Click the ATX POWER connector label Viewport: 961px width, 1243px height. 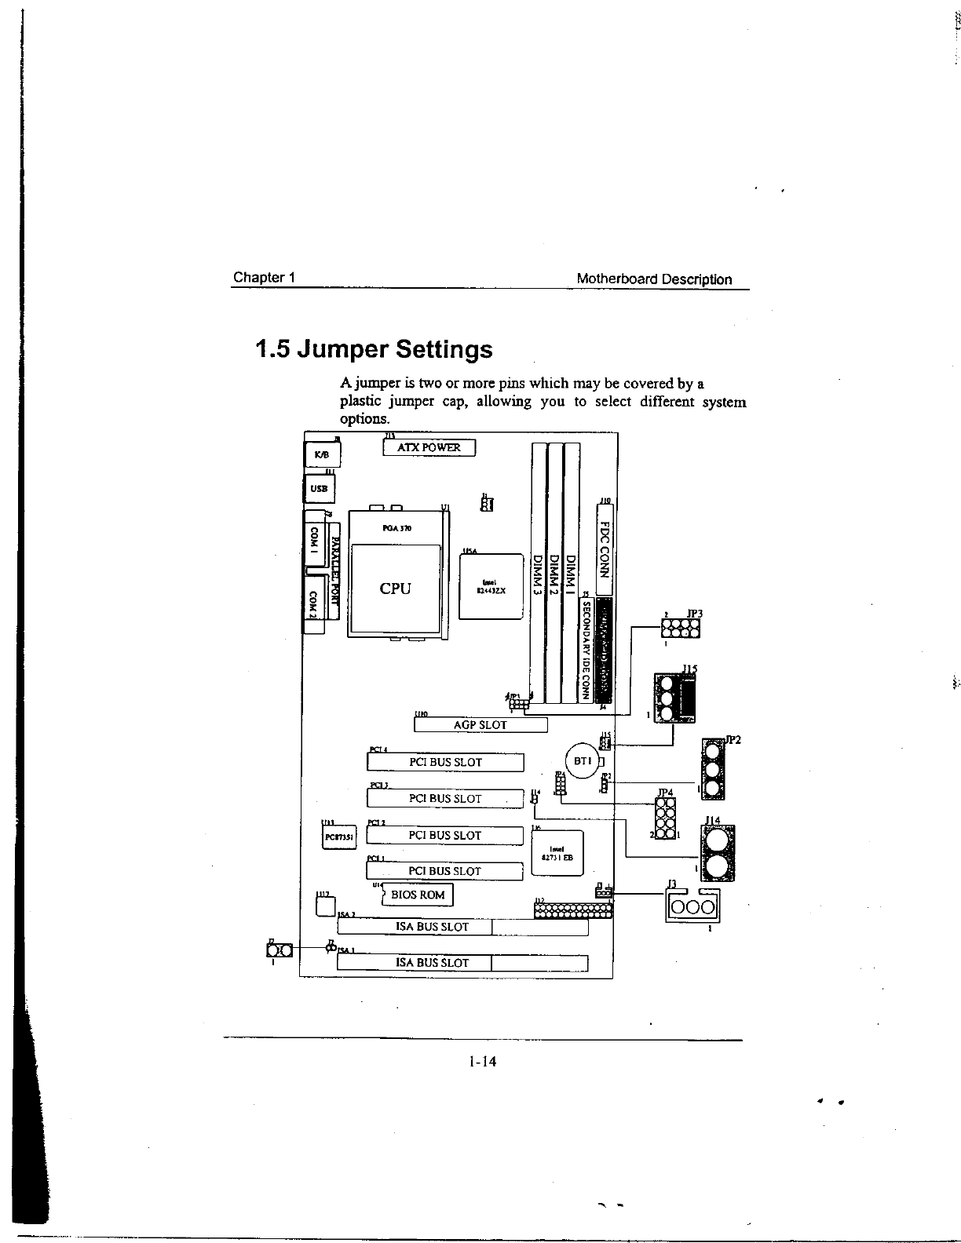[429, 447]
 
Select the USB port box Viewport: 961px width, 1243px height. [319, 488]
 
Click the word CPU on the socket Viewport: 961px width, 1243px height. [395, 589]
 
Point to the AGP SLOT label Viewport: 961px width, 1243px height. [480, 725]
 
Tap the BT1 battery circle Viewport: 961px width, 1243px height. [582, 761]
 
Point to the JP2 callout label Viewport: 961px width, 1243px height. [733, 740]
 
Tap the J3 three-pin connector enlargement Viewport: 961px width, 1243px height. [691, 907]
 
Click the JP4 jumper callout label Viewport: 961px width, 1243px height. [665, 793]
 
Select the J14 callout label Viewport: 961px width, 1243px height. [714, 821]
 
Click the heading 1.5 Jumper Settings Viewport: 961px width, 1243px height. [374, 348]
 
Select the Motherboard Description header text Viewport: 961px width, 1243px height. [654, 279]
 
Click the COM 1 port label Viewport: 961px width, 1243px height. [314, 539]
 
